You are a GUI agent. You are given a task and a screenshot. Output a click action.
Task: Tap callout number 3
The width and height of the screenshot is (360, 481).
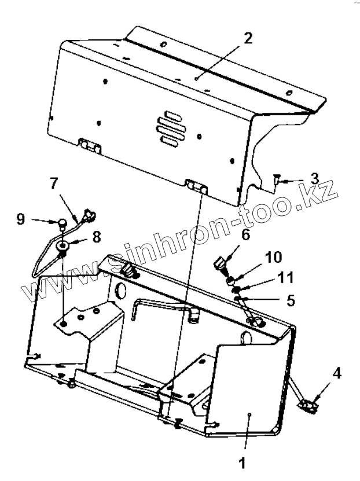pos(314,177)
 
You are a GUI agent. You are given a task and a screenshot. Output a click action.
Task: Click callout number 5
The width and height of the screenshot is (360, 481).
pos(290,301)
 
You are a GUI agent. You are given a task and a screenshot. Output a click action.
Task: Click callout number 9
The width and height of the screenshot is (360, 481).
pos(20,220)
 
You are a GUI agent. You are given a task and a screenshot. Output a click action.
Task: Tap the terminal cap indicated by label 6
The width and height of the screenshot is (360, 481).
pos(219,265)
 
